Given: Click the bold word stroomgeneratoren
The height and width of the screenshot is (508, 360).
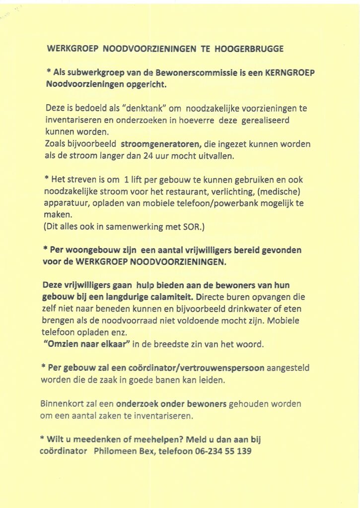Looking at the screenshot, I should [161, 144].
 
